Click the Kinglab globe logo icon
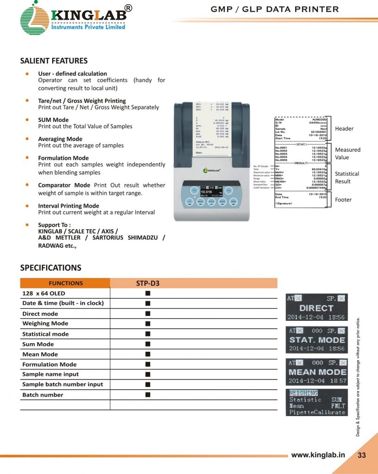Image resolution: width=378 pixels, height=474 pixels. click(35, 19)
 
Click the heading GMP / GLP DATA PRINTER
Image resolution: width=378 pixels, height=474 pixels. click(275, 9)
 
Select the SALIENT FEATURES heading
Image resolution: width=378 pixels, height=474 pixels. click(54, 61)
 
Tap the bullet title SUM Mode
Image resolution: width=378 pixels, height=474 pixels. click(53, 120)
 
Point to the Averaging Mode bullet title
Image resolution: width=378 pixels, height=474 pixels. click(60, 139)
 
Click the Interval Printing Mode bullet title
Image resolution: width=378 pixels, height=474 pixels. click(68, 206)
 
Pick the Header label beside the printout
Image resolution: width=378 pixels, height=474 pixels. click(344, 128)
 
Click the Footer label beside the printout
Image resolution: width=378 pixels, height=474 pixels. click(343, 200)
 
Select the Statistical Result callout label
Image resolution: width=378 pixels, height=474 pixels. click(347, 177)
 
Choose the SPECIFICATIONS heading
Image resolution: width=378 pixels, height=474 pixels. click(50, 268)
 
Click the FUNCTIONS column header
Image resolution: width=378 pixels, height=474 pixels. click(66, 283)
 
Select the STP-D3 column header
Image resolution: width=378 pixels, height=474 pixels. click(148, 283)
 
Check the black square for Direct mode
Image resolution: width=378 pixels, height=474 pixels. click(147, 314)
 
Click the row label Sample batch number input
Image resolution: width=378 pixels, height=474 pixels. click(62, 384)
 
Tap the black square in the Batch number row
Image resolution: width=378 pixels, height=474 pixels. click(147, 395)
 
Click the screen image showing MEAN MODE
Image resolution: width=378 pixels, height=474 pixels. click(316, 372)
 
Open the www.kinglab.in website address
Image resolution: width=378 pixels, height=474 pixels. click(318, 455)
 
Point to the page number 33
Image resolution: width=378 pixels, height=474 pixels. click(361, 455)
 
